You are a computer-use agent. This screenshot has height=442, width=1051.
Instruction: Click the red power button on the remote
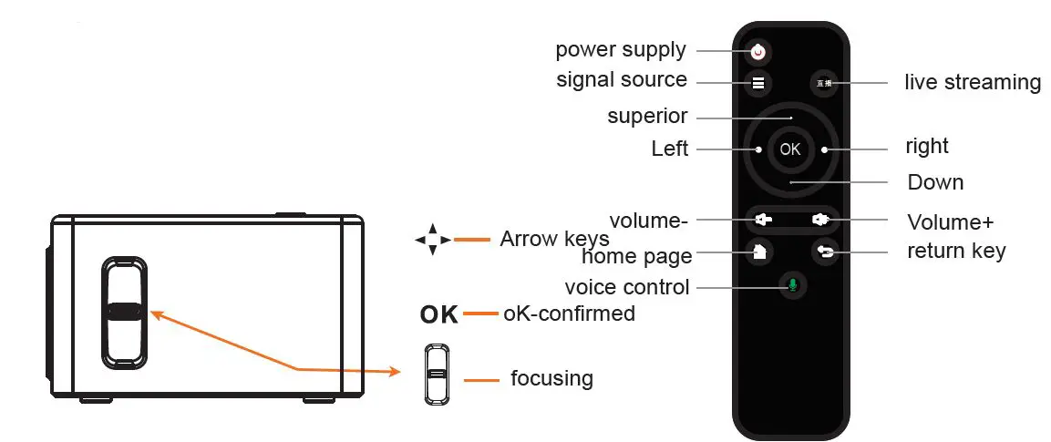point(757,51)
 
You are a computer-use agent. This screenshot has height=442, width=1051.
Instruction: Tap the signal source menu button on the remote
point(757,83)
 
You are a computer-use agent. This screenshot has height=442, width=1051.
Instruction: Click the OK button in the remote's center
point(790,149)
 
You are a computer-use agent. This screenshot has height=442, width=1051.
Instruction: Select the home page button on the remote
point(757,253)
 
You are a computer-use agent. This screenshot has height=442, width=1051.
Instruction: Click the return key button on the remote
point(825,253)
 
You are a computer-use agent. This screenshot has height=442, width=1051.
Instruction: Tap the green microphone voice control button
point(791,286)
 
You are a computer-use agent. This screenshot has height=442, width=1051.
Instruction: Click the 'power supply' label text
point(621,49)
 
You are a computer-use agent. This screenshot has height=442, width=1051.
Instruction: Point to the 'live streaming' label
point(972,82)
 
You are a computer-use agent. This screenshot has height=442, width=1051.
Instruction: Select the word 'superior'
point(647,117)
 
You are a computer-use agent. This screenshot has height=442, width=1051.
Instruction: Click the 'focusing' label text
point(551,377)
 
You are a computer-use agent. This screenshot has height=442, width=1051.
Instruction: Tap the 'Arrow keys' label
point(554,240)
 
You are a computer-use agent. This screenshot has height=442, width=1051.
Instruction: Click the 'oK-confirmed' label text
point(569,314)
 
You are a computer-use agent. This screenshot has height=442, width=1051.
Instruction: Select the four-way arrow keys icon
point(432,241)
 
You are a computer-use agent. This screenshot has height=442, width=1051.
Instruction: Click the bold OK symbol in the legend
point(439,315)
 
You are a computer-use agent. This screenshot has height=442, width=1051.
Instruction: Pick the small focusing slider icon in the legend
point(438,374)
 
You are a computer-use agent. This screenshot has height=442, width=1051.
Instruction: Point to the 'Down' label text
point(935,182)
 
